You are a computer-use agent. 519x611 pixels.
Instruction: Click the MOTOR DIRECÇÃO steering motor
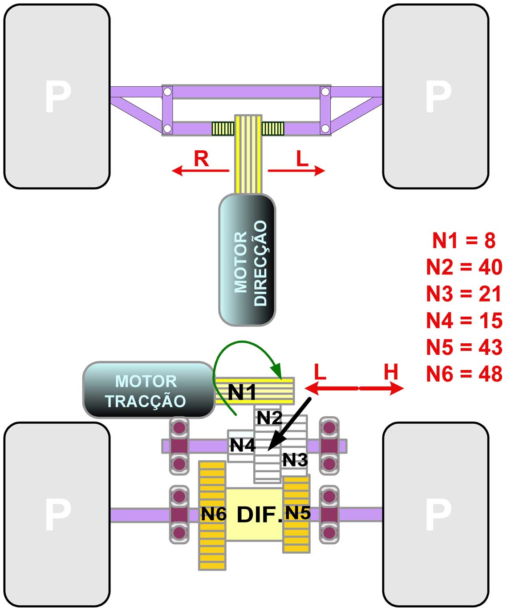coord(247,260)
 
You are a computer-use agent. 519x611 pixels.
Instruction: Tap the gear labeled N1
coord(254,391)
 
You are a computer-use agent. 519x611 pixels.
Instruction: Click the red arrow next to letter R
coord(200,170)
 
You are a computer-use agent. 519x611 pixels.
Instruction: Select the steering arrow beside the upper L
coord(296,170)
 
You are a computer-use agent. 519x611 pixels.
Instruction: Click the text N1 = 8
coord(464,241)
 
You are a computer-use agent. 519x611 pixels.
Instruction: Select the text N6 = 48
coord(464,374)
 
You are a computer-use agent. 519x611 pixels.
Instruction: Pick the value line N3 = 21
coord(464,294)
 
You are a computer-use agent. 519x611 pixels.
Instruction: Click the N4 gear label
coord(242,445)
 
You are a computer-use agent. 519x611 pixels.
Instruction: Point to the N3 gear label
coord(295,459)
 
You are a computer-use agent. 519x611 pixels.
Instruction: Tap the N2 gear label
coord(270,418)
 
